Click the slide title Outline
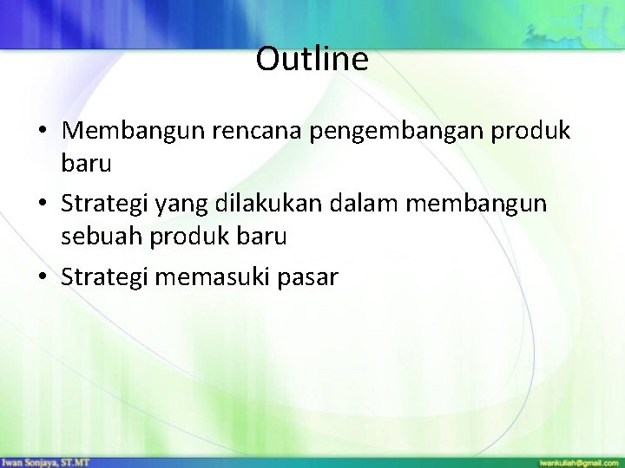[312, 60]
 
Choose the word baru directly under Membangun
[85, 163]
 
